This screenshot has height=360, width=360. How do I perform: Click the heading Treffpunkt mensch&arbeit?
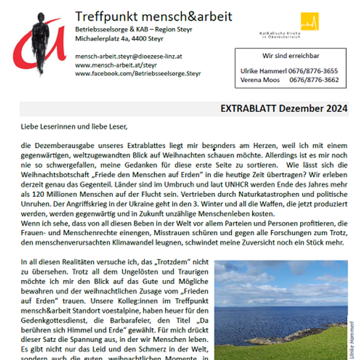click(154, 16)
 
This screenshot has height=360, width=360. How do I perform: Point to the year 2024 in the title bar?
click(336, 109)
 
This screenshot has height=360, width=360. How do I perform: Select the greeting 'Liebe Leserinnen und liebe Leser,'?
click(74, 127)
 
